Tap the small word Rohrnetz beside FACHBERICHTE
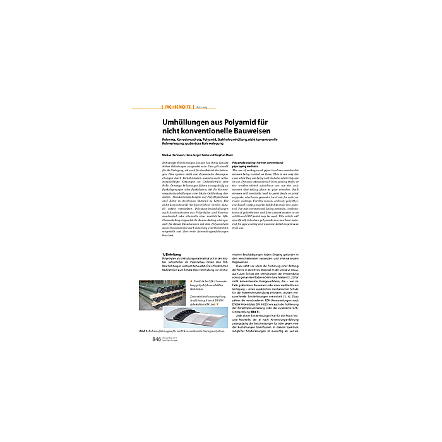pyautogui.click(x=203, y=107)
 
